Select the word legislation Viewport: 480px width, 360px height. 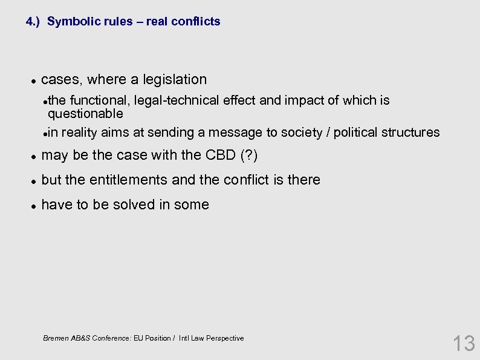175,79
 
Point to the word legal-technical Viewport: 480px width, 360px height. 177,100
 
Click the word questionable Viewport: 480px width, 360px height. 85,114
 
